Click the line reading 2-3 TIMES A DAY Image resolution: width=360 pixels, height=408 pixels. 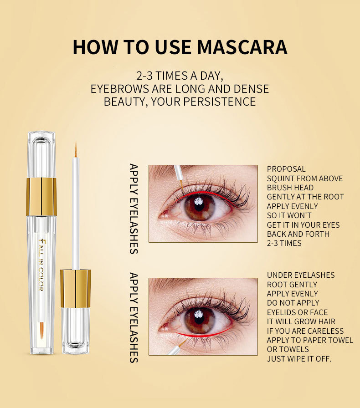[x=180, y=75]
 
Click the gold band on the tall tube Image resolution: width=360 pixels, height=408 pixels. [x=41, y=196]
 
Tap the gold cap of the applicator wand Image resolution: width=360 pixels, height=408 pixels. [x=75, y=288]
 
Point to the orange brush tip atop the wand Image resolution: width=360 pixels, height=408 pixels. [x=76, y=150]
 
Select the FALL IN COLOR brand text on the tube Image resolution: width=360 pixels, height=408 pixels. [x=41, y=264]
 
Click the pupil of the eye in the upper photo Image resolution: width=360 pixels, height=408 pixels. [x=200, y=208]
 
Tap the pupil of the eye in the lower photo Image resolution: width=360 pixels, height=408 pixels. [x=200, y=320]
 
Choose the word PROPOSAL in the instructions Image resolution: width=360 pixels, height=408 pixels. [x=286, y=169]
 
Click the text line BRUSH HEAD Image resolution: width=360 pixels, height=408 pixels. [x=290, y=188]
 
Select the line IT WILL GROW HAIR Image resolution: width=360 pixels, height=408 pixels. [x=301, y=321]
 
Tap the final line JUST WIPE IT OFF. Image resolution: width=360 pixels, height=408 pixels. [x=299, y=359]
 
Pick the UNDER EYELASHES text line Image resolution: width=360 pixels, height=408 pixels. [x=301, y=275]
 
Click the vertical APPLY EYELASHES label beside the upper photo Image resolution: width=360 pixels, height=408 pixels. [x=134, y=208]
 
